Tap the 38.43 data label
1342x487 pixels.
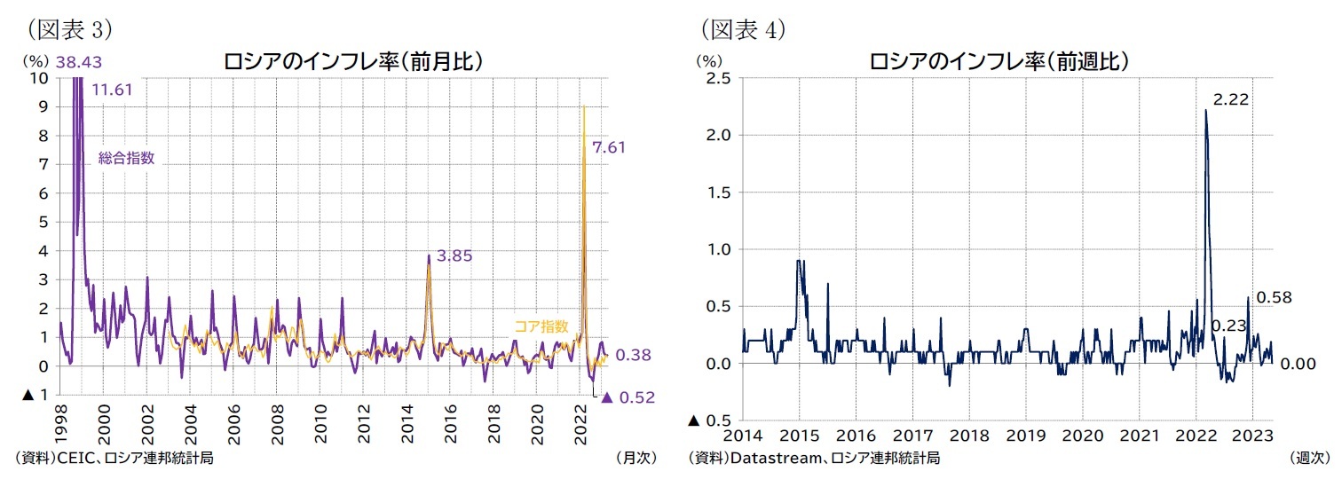(x=78, y=62)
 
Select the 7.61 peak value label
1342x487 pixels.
(x=609, y=147)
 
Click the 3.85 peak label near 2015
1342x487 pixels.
(x=454, y=255)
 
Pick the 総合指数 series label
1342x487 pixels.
(x=126, y=158)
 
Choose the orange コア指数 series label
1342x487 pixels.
(x=541, y=326)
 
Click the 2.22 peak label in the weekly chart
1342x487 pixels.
(x=1231, y=99)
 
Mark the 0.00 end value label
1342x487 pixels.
(x=1297, y=364)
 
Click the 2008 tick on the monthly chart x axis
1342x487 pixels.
(x=276, y=426)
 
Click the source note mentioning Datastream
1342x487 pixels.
(x=814, y=458)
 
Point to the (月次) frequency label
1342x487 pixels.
(x=635, y=458)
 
